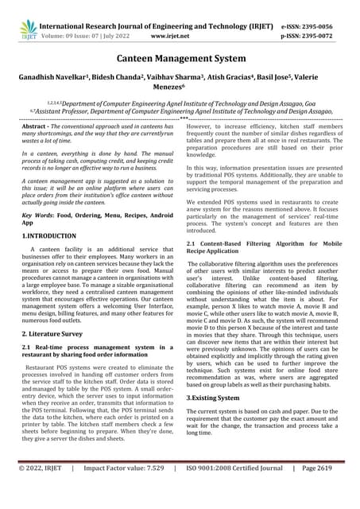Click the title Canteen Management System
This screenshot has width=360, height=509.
(180, 60)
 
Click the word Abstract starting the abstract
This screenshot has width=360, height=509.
(37, 127)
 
